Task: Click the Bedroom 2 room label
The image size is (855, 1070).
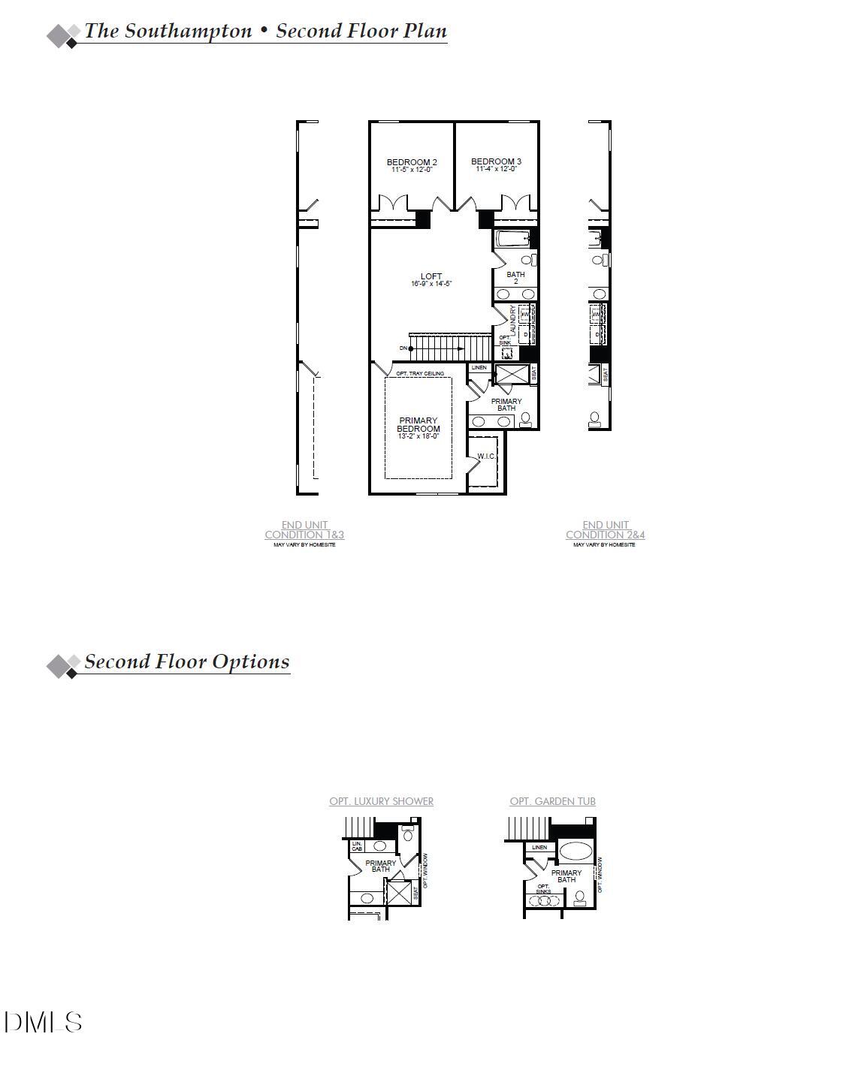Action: coord(412,162)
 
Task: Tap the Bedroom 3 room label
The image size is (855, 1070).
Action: coord(496,161)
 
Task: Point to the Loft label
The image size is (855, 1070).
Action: coord(431,276)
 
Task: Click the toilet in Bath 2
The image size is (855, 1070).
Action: coord(533,260)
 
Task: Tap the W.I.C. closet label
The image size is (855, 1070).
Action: coord(486,457)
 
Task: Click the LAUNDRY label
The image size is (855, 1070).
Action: coord(514,320)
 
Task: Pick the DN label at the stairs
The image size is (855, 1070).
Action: coord(403,348)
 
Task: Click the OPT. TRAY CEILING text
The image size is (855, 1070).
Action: coord(420,374)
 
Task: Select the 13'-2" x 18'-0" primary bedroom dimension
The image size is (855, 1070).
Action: coord(418,436)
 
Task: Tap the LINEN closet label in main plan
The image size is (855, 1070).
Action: coord(479,368)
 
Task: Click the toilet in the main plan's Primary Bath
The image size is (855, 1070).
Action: coord(525,419)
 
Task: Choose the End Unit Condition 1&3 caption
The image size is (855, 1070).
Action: coord(304,530)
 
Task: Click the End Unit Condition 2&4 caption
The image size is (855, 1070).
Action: coord(605,530)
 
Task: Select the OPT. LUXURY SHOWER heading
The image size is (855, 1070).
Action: coord(381,801)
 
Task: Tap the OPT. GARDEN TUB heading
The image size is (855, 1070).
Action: coord(552,801)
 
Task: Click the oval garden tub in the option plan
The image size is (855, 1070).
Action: coord(576,851)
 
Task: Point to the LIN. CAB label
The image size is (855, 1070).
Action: coord(357,846)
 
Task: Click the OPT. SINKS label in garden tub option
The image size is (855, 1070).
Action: coord(543,889)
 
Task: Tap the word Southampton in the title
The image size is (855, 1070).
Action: coord(188,31)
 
